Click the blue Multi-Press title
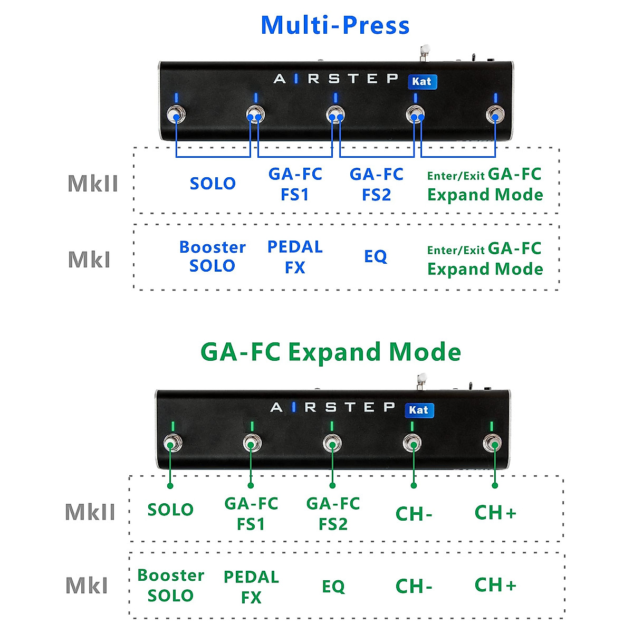click(x=335, y=25)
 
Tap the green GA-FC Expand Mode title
click(x=331, y=352)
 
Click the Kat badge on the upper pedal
click(x=422, y=82)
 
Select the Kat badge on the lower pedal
click(x=419, y=410)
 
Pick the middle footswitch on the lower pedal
click(x=332, y=443)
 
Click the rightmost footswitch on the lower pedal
click(x=494, y=443)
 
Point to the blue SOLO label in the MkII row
click(x=213, y=184)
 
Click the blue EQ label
click(x=376, y=256)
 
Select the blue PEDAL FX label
click(x=295, y=257)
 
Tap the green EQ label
click(x=333, y=587)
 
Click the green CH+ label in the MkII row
click(x=495, y=513)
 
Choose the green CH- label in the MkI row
click(x=414, y=586)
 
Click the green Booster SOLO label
click(x=170, y=586)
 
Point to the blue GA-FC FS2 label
click(x=376, y=184)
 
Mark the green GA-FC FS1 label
click(x=251, y=514)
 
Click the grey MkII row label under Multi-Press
click(x=93, y=184)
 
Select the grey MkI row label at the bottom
click(x=87, y=586)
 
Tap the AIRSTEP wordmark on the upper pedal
click(x=335, y=79)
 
